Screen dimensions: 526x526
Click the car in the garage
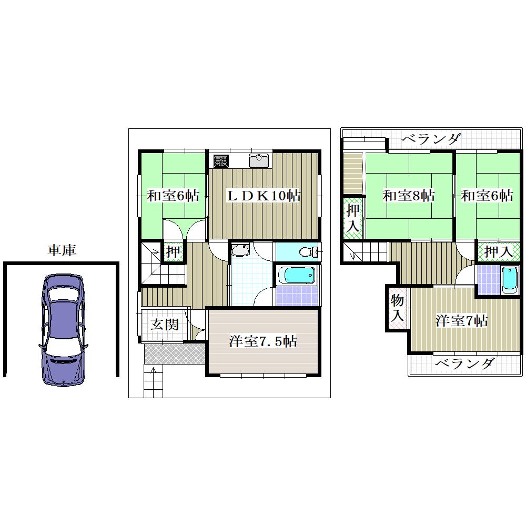click(63, 330)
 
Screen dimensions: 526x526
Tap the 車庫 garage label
click(62, 250)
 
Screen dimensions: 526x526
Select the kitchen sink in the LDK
click(259, 160)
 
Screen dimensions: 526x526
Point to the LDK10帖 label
click(264, 196)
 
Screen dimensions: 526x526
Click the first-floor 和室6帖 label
click(173, 196)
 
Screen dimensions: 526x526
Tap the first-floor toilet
click(309, 251)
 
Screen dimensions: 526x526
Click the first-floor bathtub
click(297, 276)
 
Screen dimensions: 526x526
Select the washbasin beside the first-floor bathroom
click(240, 249)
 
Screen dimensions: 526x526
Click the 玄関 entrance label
click(164, 325)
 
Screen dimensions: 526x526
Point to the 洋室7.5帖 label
click(262, 341)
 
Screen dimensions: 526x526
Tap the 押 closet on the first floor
click(173, 251)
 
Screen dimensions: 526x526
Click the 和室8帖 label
click(409, 196)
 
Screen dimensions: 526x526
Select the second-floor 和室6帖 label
click(487, 196)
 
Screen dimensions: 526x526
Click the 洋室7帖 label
click(462, 321)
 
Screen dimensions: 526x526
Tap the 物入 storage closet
click(397, 308)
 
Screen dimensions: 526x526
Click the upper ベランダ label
click(432, 138)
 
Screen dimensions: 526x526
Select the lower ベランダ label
click(466, 363)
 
